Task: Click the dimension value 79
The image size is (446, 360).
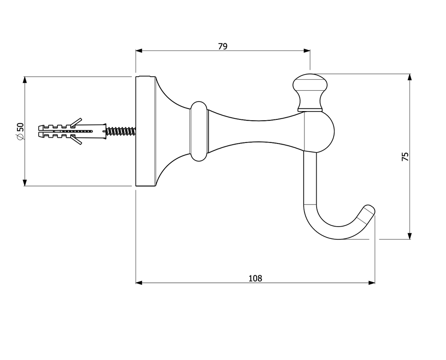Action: [x=223, y=46]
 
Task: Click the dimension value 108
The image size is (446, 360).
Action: [x=255, y=278]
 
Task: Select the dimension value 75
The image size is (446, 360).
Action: [x=405, y=157]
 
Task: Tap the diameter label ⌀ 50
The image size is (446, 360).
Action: [x=20, y=131]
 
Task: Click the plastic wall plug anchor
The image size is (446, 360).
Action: [x=72, y=131]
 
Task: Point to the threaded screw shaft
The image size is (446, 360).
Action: [x=121, y=131]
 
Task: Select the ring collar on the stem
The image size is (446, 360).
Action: [x=199, y=131]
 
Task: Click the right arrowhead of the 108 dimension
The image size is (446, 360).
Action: [x=372, y=283]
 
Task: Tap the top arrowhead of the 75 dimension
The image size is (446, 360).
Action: [x=409, y=78]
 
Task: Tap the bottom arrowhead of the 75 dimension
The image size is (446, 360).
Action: [x=409, y=236]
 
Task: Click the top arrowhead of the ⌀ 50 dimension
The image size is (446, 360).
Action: [x=25, y=80]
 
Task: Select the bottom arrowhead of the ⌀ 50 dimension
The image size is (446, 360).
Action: [x=25, y=183]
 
